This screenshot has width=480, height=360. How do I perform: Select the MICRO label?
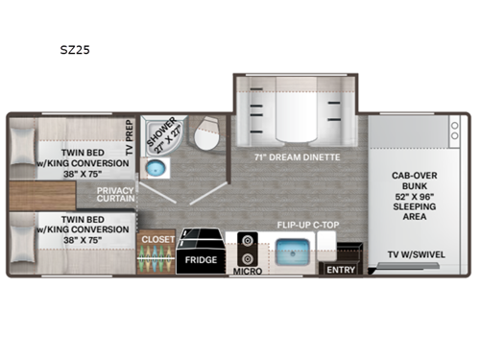pyautogui.click(x=249, y=272)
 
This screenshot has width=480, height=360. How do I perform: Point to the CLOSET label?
pyautogui.click(x=153, y=238)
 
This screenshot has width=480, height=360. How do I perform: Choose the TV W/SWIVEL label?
pyautogui.click(x=420, y=253)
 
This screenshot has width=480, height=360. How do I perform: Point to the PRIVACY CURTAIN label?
pyautogui.click(x=113, y=195)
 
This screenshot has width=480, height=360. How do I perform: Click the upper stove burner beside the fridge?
pyautogui.click(x=249, y=240)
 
